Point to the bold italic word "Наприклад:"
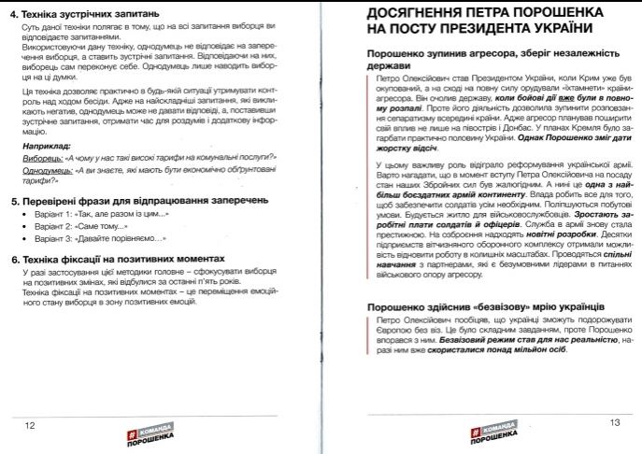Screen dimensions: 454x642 tap(46, 148)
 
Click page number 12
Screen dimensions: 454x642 tap(30, 425)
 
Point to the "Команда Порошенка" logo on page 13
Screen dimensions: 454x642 tap(491, 433)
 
